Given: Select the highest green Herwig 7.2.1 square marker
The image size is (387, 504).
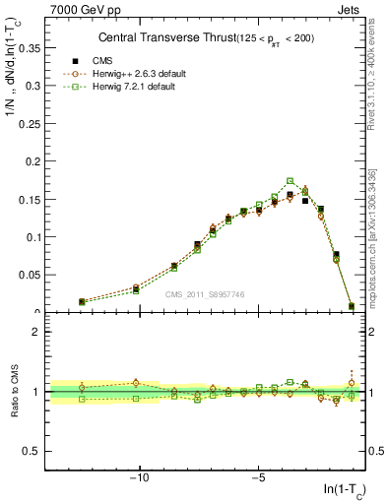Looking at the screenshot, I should (x=290, y=181).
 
